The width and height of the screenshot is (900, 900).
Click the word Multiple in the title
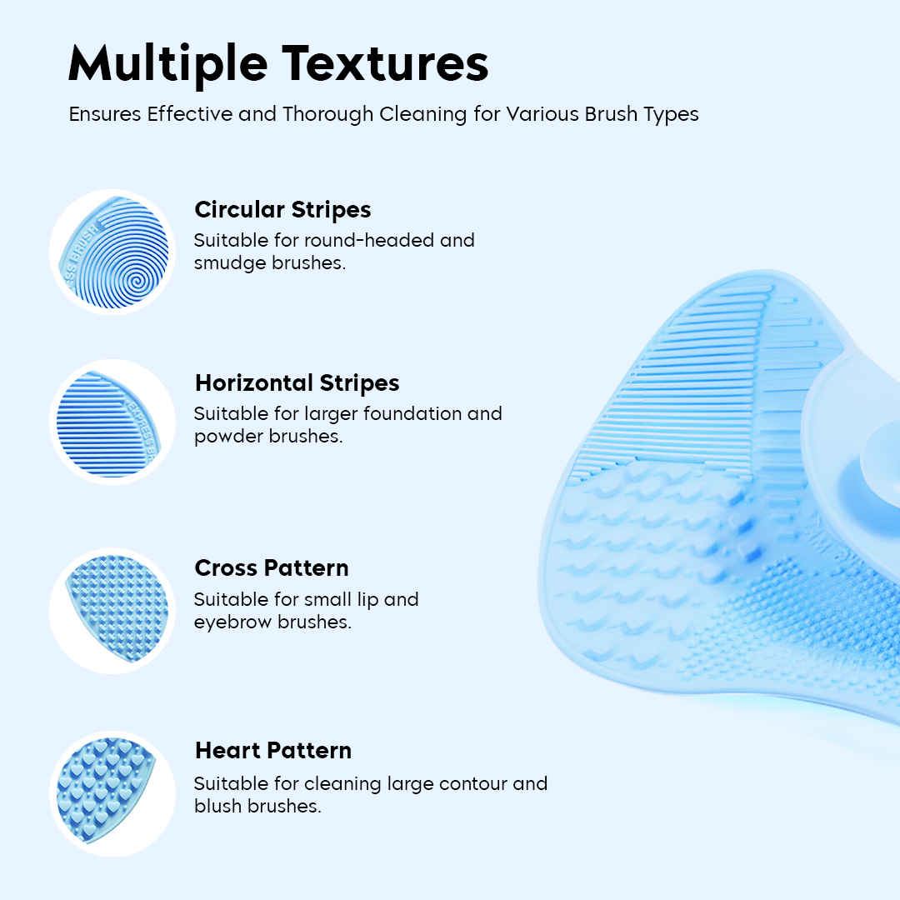point(167,63)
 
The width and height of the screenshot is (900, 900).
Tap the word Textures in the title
point(385,63)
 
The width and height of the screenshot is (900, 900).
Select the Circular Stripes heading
point(282,209)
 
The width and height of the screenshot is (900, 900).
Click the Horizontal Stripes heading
point(297,382)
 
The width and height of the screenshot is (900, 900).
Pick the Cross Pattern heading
point(272,567)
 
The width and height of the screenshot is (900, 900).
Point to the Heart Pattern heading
point(273,750)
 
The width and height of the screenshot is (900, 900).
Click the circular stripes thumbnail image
point(113,252)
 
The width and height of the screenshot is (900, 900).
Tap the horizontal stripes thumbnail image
point(113,422)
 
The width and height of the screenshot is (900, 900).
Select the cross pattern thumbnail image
point(113,610)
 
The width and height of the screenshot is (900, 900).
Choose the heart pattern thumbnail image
point(113,792)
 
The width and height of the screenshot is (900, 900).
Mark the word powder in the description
point(228,437)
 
